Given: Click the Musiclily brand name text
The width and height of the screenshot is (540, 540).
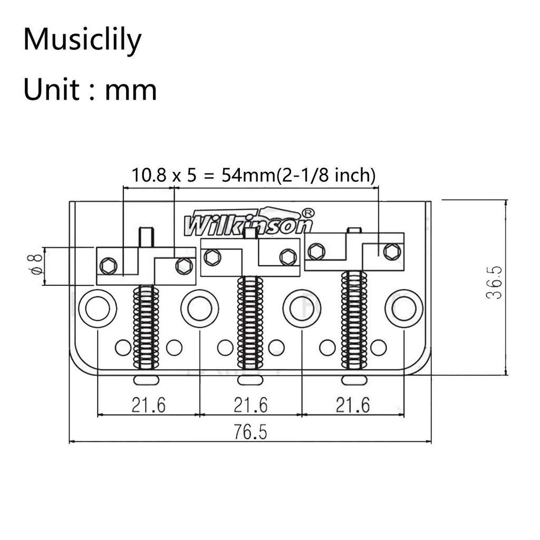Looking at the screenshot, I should tap(82, 40).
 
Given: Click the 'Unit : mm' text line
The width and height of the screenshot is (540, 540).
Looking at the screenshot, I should tap(90, 90).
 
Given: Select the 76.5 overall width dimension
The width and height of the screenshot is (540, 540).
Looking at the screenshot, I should tap(250, 432).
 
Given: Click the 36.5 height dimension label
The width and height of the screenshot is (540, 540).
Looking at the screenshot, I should tap(494, 283).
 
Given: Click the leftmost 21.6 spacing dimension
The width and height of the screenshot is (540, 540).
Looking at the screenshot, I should tap(148, 405).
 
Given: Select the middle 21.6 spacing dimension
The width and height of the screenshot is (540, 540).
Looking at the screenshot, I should tap(250, 405).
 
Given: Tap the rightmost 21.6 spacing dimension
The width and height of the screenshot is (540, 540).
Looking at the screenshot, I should tap(353, 405).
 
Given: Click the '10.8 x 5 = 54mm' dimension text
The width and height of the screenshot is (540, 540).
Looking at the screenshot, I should tap(253, 176).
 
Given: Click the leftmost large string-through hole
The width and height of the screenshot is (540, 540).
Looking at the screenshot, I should tap(98, 308).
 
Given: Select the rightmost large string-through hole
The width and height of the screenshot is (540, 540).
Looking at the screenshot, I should tap(404, 308).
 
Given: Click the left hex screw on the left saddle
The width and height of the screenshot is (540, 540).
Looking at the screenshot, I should tap(108, 266).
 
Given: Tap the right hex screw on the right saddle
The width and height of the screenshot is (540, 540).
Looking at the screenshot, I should tap(391, 252).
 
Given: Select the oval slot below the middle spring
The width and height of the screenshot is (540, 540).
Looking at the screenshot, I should tap(249, 380).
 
